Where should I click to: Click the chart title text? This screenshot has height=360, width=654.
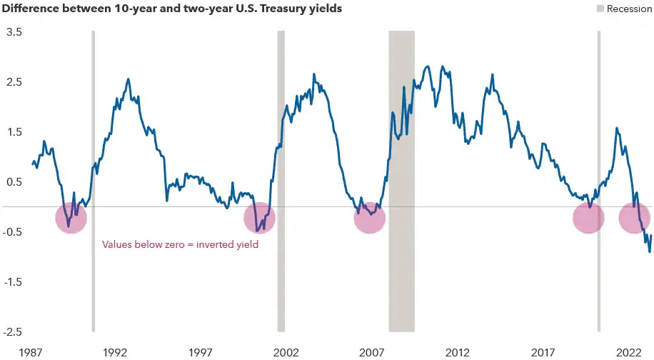click(x=171, y=9)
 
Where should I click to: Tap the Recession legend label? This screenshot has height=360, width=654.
click(x=629, y=9)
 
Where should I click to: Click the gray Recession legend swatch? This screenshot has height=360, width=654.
click(x=600, y=9)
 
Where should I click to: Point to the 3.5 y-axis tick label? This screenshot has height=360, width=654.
click(x=14, y=32)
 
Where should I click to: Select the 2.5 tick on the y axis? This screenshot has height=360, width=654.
click(x=14, y=81)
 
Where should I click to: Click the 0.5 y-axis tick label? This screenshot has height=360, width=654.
click(x=14, y=182)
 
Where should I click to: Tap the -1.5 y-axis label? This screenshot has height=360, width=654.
click(x=12, y=282)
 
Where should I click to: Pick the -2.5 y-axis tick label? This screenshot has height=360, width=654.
click(x=12, y=332)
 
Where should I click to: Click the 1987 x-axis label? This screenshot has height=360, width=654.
click(x=31, y=352)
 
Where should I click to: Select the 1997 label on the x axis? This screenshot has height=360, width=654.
click(x=201, y=352)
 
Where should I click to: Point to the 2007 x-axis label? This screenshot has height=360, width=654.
click(x=372, y=352)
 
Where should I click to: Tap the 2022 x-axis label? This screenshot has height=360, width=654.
click(x=629, y=352)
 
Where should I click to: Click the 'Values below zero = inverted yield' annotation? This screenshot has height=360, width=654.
click(x=180, y=244)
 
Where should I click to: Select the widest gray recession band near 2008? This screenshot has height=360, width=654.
click(x=402, y=181)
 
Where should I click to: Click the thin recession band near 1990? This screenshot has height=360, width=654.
click(x=94, y=181)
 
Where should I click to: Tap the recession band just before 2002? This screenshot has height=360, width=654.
click(x=281, y=181)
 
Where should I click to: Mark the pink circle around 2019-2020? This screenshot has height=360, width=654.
click(x=588, y=218)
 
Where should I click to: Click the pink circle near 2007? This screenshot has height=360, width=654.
click(x=370, y=218)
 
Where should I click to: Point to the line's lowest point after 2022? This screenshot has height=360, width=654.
click(x=650, y=252)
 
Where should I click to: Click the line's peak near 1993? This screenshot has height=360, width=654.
click(x=128, y=79)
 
